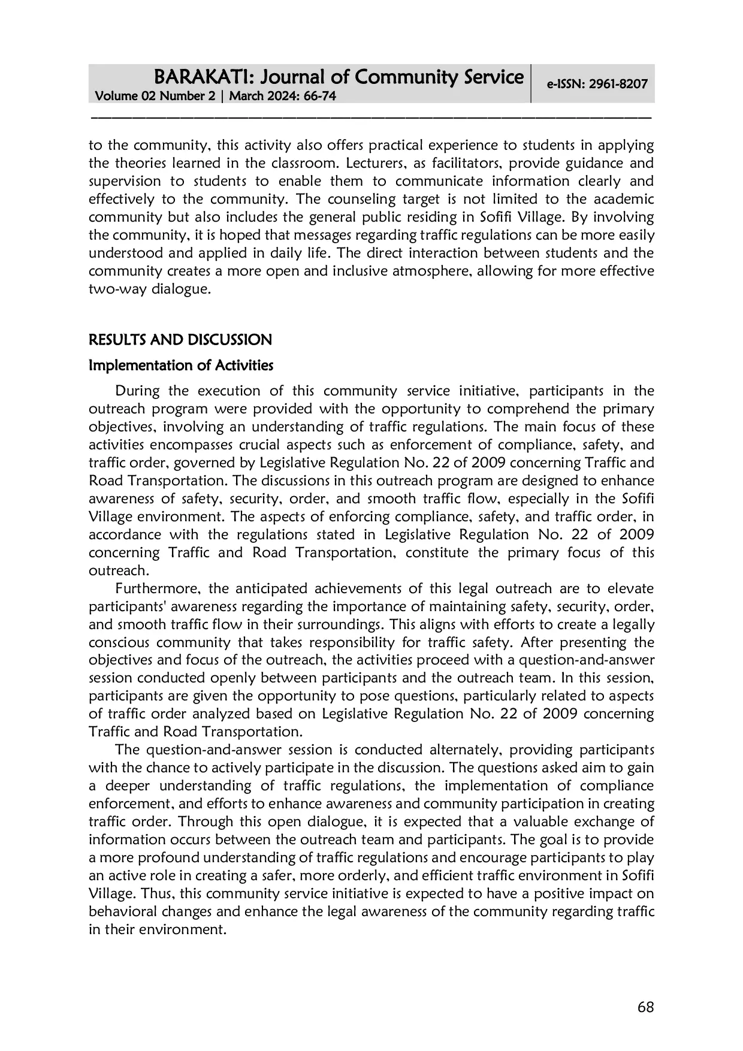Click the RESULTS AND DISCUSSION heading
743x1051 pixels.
[180, 340]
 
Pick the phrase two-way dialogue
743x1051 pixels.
[149, 289]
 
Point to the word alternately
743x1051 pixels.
[456, 750]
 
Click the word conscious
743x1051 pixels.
[117, 642]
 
